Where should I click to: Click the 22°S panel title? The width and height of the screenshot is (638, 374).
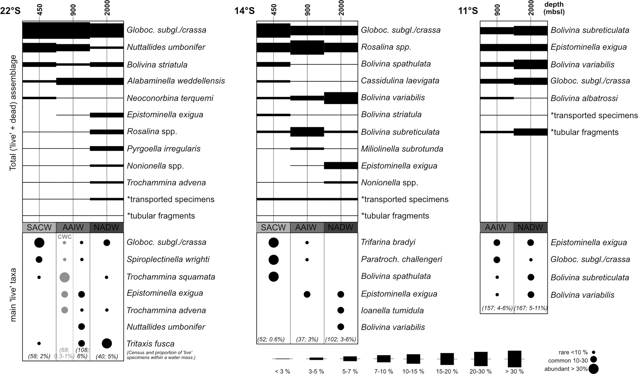tap(10, 11)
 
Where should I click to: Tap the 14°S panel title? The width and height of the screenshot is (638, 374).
tap(244, 11)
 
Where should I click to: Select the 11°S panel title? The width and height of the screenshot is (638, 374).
tap(468, 11)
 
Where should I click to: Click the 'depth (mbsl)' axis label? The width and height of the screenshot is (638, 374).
tap(554, 8)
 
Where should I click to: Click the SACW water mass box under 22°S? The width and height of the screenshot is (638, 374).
tap(39, 227)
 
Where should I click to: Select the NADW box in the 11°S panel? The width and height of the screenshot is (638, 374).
tap(531, 227)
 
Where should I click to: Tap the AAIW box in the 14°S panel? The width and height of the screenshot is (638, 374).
tap(307, 227)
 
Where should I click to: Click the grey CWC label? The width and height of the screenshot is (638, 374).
tap(65, 237)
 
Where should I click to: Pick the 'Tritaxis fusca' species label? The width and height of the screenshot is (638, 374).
tap(150, 343)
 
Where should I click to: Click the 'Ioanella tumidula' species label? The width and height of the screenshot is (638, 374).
tap(392, 310)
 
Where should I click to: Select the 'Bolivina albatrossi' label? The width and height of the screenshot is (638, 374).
tap(584, 98)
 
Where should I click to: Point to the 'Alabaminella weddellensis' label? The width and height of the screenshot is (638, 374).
tap(176, 81)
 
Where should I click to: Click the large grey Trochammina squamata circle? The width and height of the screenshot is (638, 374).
tap(65, 277)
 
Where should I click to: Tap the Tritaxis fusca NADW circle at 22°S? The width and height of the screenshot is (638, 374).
tap(107, 343)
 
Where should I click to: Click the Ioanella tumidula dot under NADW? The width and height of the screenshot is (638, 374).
tap(340, 310)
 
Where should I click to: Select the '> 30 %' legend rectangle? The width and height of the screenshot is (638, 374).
tap(514, 359)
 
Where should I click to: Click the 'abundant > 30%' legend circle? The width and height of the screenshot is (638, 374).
tap(594, 369)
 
